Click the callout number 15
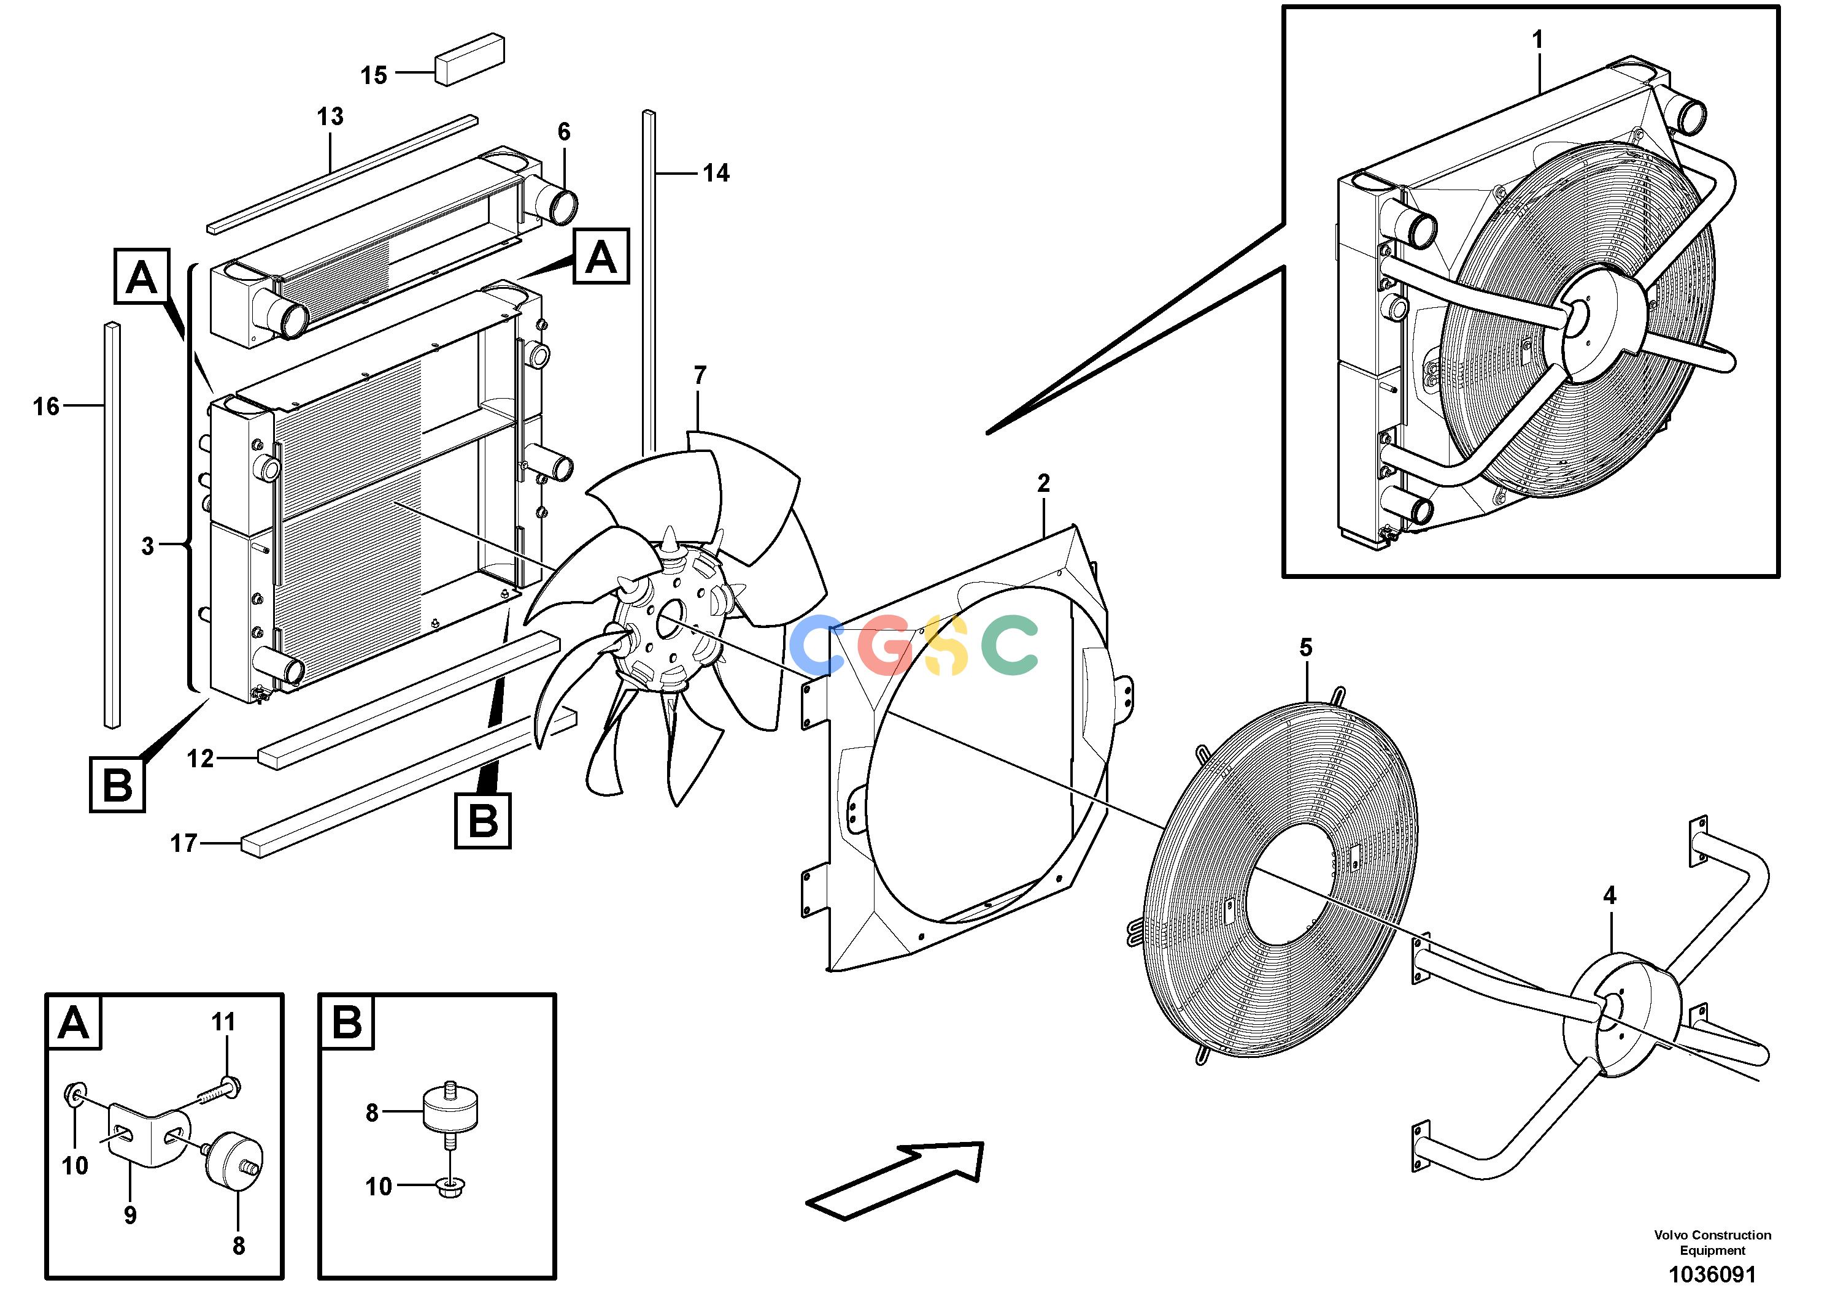[x=373, y=75]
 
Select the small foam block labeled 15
[x=469, y=58]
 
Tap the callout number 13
[x=330, y=116]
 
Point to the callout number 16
[x=46, y=407]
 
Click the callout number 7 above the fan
[x=700, y=375]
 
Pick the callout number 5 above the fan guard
[x=1306, y=648]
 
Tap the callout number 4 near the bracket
[x=1609, y=895]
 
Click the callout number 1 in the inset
[x=1537, y=39]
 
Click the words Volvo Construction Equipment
[x=1712, y=1243]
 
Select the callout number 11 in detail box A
[x=223, y=1021]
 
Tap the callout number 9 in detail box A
[x=129, y=1214]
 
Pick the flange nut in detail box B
[x=451, y=1189]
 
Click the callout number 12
[x=201, y=758]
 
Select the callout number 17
[x=184, y=843]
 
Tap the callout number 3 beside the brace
[x=147, y=546]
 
